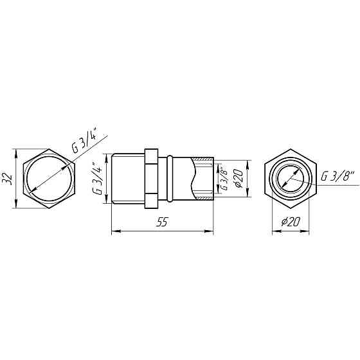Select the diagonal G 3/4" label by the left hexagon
tap(84, 141)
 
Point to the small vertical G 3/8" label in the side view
tap(224, 179)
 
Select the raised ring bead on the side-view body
tap(170, 179)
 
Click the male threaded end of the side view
tap(127, 179)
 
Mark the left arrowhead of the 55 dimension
tap(115, 230)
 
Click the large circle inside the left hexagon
tap(50, 179)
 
